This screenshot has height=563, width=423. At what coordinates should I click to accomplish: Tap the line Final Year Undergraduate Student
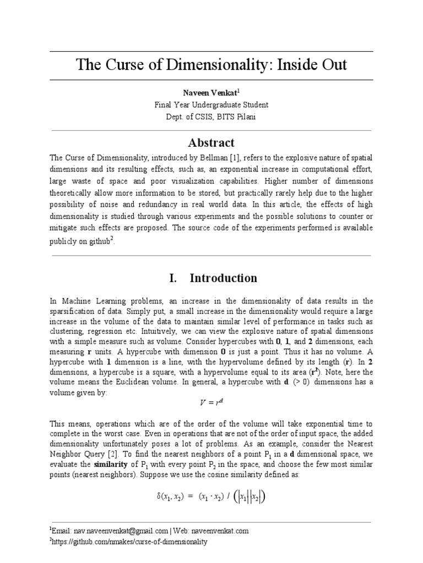pyautogui.click(x=211, y=104)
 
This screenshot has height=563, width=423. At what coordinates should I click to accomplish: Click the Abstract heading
pyautogui.click(x=211, y=143)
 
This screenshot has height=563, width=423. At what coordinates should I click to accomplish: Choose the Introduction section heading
pyautogui.click(x=223, y=278)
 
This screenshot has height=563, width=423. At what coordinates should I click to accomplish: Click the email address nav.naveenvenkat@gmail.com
pyautogui.click(x=120, y=531)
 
